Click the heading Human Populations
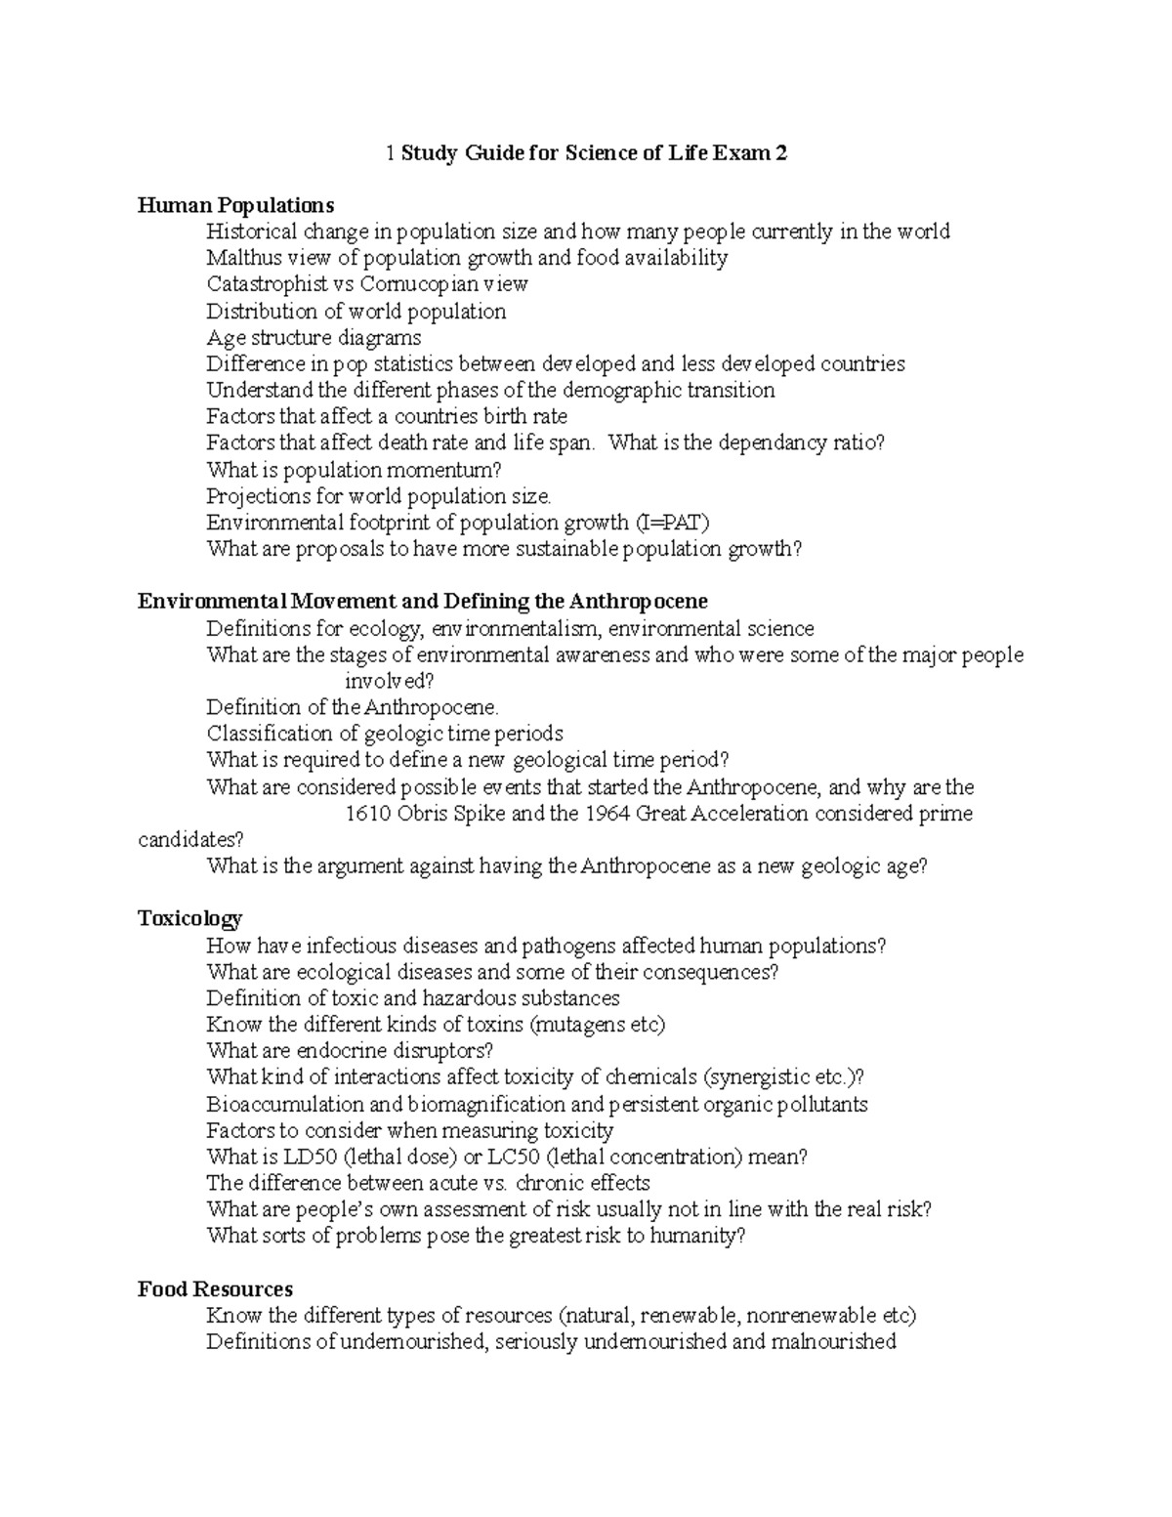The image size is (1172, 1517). (235, 205)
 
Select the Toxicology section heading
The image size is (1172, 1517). (189, 918)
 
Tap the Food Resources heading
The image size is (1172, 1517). (215, 1288)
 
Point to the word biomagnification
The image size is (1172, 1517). (486, 1104)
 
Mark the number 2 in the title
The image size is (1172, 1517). (780, 153)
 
